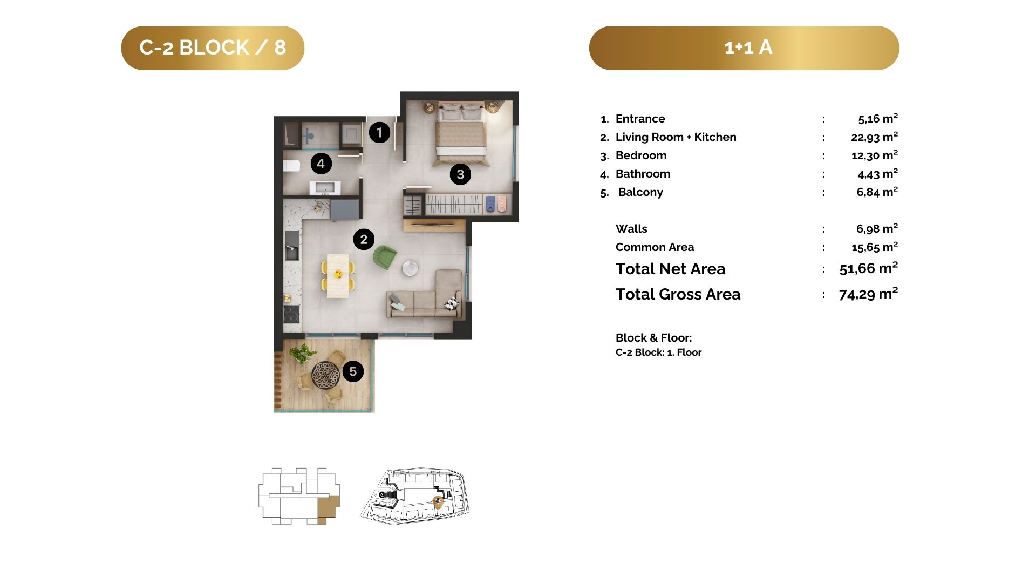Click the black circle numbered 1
[x=379, y=132]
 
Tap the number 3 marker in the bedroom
[x=460, y=174]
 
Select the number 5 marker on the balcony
[x=353, y=371]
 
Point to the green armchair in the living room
[x=385, y=257]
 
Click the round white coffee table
[x=410, y=268]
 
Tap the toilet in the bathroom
[x=291, y=166]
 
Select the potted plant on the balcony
[x=302, y=354]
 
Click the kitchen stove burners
[x=291, y=314]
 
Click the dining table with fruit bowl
[x=338, y=275]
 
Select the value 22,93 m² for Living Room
[x=874, y=137]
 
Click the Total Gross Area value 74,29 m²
[x=868, y=294]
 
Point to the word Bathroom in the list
[x=643, y=174]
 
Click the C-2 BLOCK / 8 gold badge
[x=213, y=48]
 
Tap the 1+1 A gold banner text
[x=748, y=48]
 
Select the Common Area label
[x=655, y=247]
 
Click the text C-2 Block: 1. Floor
[x=658, y=352]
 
